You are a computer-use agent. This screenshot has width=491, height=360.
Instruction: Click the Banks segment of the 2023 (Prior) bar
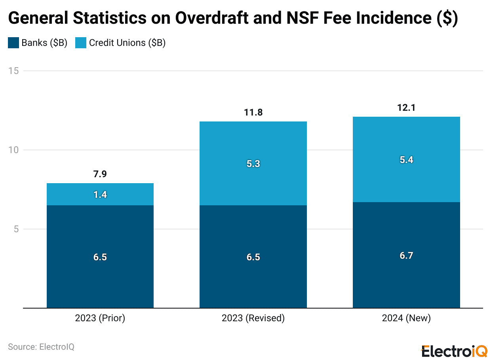100,237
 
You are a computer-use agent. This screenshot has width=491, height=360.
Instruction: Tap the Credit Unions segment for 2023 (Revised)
253,178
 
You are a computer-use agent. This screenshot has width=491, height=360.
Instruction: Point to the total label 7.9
100,174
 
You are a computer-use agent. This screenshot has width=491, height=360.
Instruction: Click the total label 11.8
253,113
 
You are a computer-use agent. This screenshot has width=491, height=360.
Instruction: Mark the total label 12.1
406,108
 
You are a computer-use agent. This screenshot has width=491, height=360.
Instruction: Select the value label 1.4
100,195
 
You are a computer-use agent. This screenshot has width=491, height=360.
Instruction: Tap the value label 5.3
253,164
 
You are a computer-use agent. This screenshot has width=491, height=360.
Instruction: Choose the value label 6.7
406,256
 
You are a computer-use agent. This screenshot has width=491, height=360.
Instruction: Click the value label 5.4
406,160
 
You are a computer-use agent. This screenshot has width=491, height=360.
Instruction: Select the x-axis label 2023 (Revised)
253,318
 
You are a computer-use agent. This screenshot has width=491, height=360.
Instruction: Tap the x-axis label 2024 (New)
406,318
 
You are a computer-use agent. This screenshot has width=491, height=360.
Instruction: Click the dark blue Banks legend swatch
13,43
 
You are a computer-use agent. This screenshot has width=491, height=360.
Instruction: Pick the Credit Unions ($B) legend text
127,43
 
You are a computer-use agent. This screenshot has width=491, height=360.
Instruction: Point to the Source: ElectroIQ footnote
41,347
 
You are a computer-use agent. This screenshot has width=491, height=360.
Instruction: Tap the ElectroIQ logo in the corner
454,351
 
